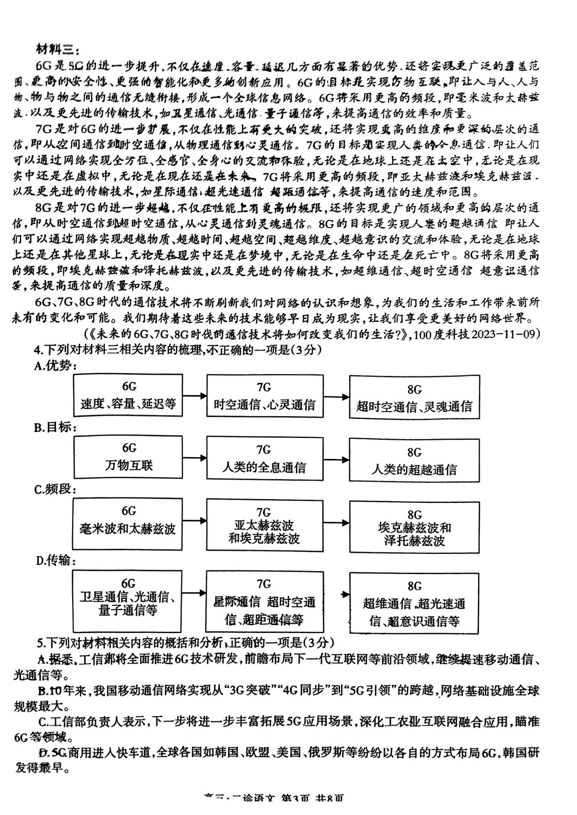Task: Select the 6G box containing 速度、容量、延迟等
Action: (128, 395)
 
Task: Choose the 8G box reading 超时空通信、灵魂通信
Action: (414, 397)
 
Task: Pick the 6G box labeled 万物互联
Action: (128, 457)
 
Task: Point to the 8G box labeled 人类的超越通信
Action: (414, 460)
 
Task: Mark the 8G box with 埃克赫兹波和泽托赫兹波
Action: (414, 527)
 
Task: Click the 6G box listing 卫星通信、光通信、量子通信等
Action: (127, 597)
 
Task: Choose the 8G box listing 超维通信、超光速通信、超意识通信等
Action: (414, 603)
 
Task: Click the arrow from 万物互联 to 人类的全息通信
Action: (194, 458)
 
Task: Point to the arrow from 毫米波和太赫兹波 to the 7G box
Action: (194, 520)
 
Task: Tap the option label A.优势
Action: (55, 366)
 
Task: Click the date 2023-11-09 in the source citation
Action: (505, 334)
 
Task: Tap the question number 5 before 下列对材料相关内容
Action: (40, 643)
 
